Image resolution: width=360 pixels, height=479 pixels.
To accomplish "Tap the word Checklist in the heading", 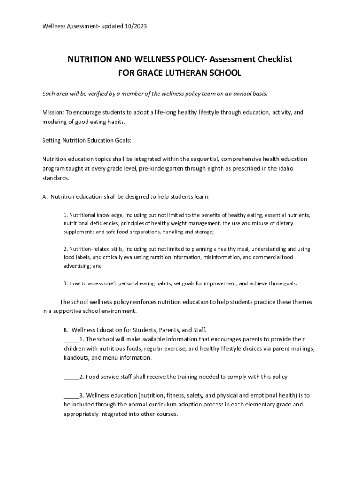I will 272,59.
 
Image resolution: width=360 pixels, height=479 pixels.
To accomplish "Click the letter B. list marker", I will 66,330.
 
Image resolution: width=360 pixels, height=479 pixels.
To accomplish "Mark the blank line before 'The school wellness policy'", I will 50,302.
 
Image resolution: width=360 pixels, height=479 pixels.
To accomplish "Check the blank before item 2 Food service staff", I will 71,377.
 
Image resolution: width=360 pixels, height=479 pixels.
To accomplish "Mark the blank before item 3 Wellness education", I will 71,395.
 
